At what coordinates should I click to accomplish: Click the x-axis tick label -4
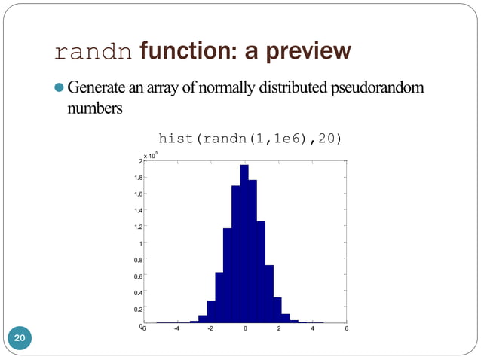tap(176, 328)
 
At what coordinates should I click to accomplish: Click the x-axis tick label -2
tap(210, 328)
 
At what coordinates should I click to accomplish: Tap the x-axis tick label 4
tap(312, 328)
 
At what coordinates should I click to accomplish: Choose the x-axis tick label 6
tap(346, 328)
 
